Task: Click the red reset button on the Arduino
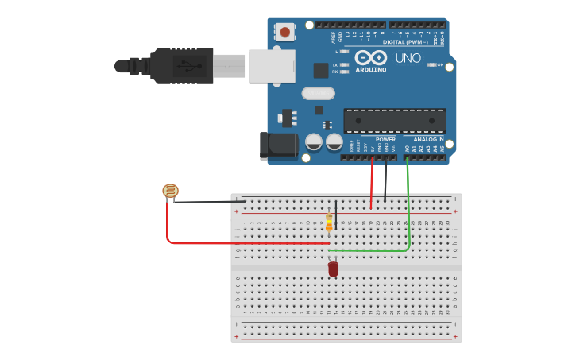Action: click(284, 33)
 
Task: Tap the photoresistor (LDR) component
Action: click(170, 191)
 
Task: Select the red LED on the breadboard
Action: click(333, 269)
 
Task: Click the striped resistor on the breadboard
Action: click(329, 222)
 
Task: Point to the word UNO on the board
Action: click(408, 58)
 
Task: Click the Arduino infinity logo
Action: click(371, 58)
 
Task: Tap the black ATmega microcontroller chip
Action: click(394, 120)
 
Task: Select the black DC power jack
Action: click(278, 145)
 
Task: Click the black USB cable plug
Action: click(182, 66)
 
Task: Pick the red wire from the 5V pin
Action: click(372, 183)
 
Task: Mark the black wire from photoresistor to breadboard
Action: click(207, 202)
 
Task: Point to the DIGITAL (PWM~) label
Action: click(405, 41)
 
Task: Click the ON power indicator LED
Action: click(431, 64)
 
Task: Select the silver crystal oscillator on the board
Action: click(314, 93)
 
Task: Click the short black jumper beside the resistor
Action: click(336, 215)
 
